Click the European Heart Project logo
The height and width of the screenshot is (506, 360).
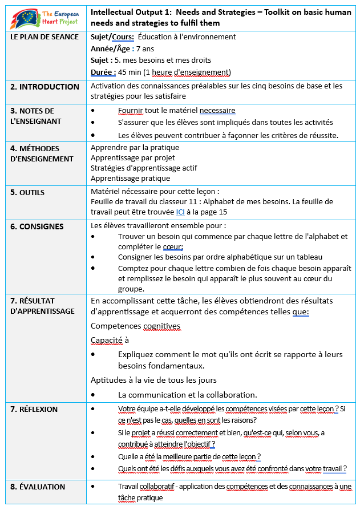pos(44,17)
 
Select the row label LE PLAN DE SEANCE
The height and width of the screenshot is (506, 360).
pos(38,37)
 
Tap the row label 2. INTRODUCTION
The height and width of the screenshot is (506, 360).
pos(45,87)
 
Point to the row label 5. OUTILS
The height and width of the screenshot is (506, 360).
pos(27,192)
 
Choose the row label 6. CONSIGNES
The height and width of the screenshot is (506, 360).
pos(37,226)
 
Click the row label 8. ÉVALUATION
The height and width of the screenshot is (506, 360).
pos(38,487)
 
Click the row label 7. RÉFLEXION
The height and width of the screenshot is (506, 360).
pos(34,409)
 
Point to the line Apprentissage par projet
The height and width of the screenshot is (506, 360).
pos(133,157)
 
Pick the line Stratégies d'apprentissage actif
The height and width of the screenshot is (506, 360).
pos(144,168)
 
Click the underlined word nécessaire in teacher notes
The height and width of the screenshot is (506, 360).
pos(217,111)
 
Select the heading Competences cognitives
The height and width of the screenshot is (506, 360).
pos(135,326)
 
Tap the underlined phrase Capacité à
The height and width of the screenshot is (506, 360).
pos(110,340)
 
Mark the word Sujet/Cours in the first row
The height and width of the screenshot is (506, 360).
pos(112,37)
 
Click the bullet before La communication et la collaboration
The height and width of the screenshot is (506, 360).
pos(94,395)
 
